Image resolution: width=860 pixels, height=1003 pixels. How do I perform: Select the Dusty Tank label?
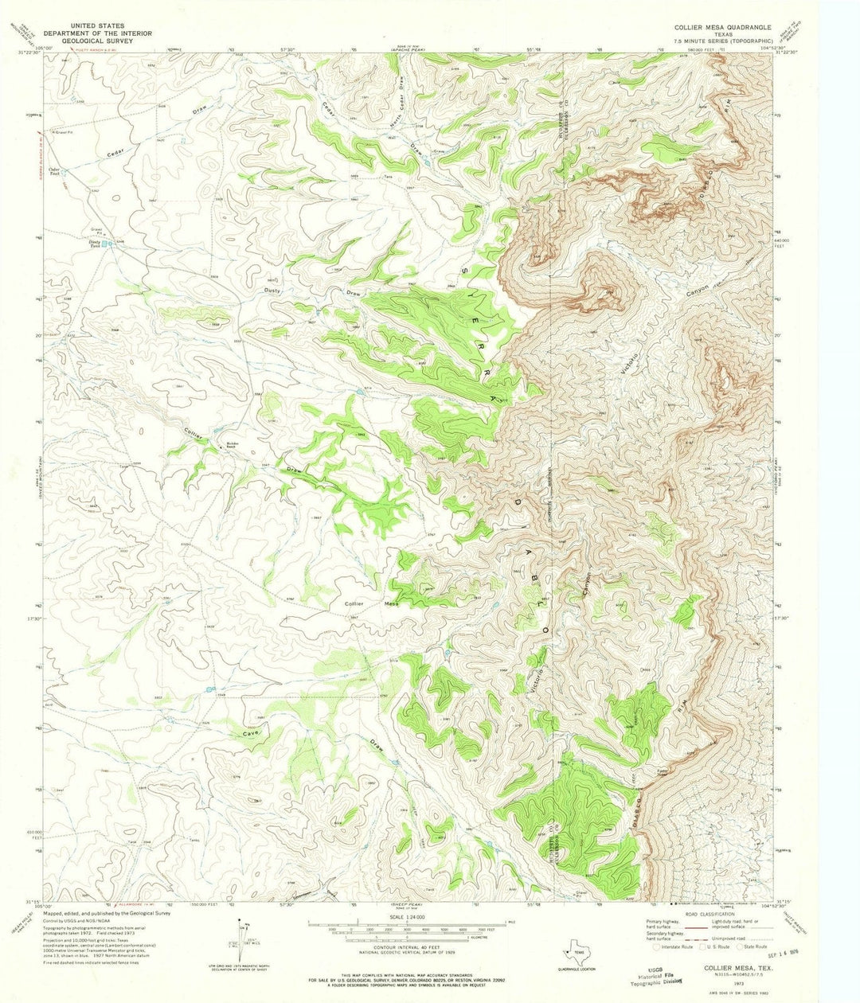[96, 245]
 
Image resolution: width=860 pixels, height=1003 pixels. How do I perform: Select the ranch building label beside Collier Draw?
[232, 444]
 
